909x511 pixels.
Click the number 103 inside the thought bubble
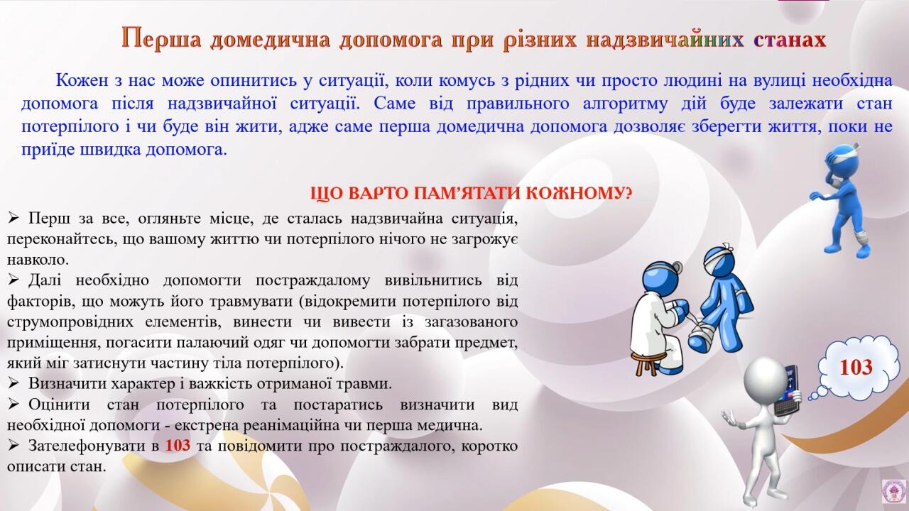pyautogui.click(x=856, y=367)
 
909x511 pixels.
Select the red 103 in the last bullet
pyautogui.click(x=178, y=445)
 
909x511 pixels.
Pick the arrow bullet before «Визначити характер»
pyautogui.click(x=13, y=383)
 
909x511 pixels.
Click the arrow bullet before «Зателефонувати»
pyautogui.click(x=13, y=445)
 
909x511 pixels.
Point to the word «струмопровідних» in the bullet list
pyautogui.click(x=70, y=322)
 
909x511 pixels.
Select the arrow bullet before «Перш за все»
pyautogui.click(x=13, y=218)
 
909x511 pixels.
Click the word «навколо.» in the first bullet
pyautogui.click(x=38, y=260)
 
